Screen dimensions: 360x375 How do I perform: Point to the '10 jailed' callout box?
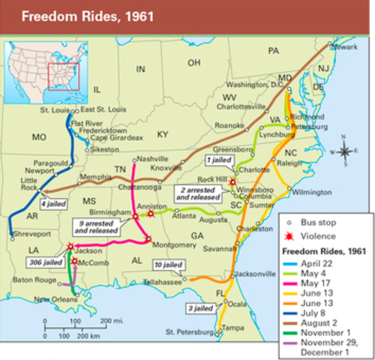[x=167, y=265]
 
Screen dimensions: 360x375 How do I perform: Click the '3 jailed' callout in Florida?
[x=198, y=307]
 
